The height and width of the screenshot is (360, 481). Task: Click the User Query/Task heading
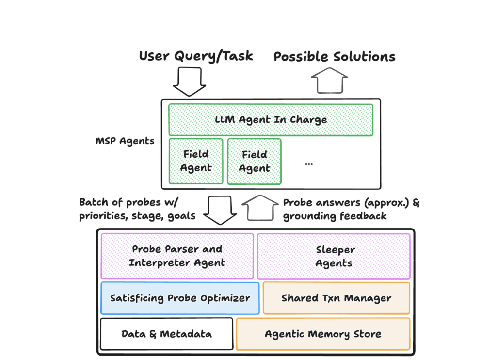pos(196,56)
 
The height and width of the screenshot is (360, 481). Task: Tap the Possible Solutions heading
pos(334,57)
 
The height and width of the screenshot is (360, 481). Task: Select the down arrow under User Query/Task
pos(190,81)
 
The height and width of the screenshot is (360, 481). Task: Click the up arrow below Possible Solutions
pos(329,80)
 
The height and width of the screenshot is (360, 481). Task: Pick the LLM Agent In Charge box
pos(271,119)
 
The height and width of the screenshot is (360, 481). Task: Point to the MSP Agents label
pos(125,141)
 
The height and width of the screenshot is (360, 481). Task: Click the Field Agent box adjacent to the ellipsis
pos(254,161)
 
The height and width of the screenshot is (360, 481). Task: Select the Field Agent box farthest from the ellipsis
pos(196,161)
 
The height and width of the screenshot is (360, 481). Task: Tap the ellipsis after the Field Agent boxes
pos(309,164)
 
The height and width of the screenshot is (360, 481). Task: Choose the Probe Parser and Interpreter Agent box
pos(177,256)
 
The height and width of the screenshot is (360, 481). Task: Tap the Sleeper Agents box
pos(334,256)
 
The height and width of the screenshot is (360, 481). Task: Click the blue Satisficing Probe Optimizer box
pos(180,298)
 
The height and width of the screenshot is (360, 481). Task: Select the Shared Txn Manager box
pos(336,298)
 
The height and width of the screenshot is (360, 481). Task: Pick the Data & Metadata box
pos(166,334)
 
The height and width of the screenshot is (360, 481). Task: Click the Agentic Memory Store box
pos(323,334)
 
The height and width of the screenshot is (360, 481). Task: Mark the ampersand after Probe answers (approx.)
pos(416,202)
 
